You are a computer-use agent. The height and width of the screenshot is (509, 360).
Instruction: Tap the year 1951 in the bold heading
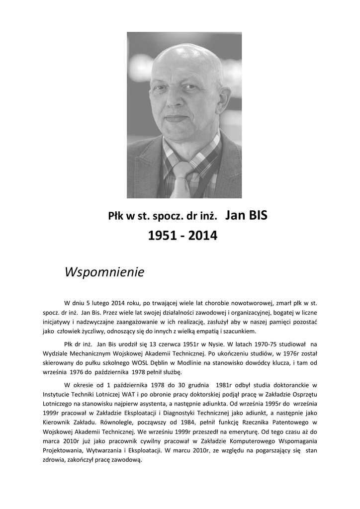click(x=162, y=236)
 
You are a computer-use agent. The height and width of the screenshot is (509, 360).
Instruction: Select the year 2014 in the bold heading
click(x=203, y=236)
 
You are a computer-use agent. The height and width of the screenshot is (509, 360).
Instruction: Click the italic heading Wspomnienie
click(x=104, y=272)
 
